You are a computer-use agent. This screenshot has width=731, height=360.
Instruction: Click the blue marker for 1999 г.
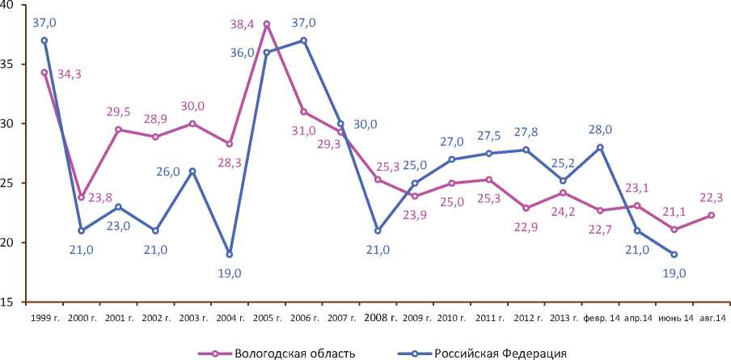(x=44, y=40)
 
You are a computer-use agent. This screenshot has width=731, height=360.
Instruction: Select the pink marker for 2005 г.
(x=267, y=24)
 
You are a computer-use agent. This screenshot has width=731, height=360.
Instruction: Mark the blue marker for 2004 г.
(x=230, y=254)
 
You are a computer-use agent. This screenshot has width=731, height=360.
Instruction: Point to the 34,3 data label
(x=70, y=74)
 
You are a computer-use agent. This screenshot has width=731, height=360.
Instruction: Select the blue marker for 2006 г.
(x=303, y=40)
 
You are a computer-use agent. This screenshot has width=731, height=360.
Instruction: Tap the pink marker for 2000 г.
(x=82, y=197)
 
